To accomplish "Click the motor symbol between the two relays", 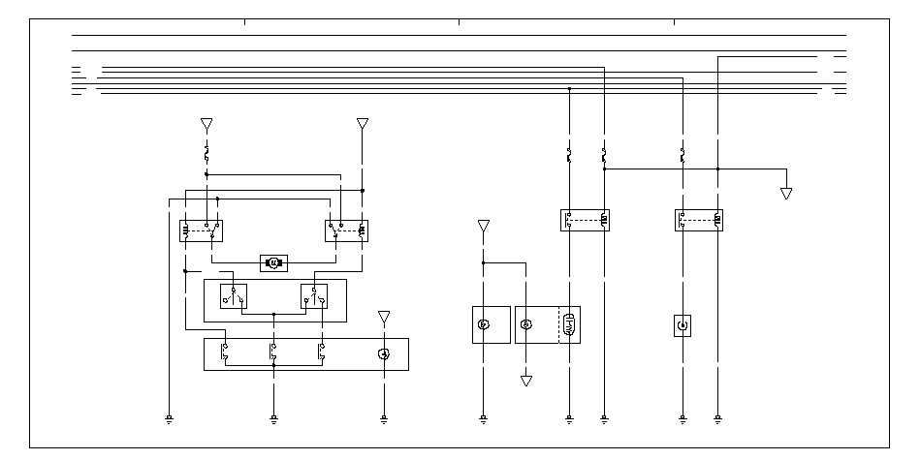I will click(x=273, y=262).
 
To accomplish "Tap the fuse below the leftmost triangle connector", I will click(x=206, y=153).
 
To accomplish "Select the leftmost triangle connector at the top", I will click(x=206, y=124).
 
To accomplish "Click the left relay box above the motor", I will click(x=202, y=230).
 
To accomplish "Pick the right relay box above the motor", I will click(x=345, y=230).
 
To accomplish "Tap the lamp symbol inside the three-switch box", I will click(x=384, y=354).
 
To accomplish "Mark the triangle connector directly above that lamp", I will click(x=384, y=317).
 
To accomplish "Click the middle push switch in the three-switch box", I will click(x=273, y=353).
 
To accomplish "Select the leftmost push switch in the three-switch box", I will click(x=225, y=353).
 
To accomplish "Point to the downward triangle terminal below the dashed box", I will click(x=526, y=381).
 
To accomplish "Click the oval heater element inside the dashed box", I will click(x=569, y=324).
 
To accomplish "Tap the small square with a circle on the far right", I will click(x=683, y=324).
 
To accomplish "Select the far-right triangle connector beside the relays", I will click(x=786, y=194).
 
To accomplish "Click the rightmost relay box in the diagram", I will click(x=699, y=220).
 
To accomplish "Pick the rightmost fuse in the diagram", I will click(x=683, y=154).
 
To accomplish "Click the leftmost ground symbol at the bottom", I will click(x=170, y=419).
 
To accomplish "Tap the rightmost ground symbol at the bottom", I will click(x=717, y=419).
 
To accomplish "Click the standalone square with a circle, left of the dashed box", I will click(x=484, y=324).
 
